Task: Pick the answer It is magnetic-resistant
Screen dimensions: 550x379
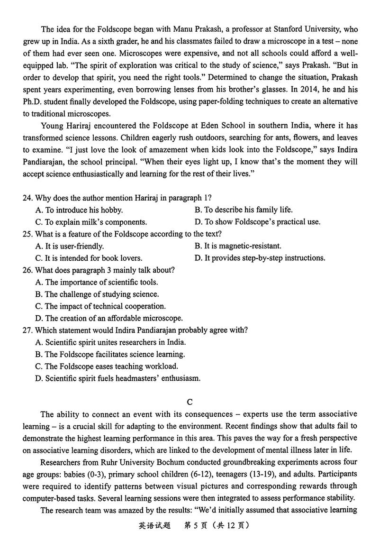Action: coord(238,246)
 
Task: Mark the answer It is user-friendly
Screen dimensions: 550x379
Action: coord(70,246)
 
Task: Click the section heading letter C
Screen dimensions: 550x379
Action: coord(189,403)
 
